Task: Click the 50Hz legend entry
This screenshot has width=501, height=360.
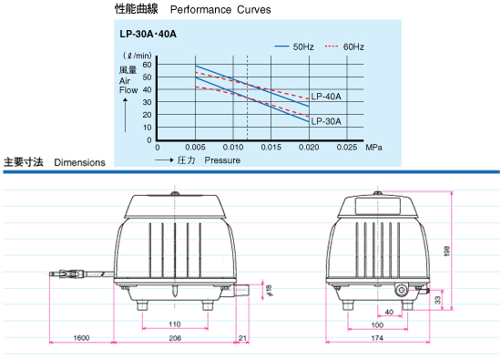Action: pos(294,47)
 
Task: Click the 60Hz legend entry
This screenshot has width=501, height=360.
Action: pos(344,47)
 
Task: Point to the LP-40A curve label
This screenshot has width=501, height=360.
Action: pos(326,97)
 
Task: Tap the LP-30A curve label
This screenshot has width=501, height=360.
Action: pos(326,121)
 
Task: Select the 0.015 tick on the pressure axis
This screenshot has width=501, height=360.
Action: pos(271,148)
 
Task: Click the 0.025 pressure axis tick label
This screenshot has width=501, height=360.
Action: pos(347,148)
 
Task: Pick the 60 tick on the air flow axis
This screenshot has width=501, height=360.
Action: pos(147,65)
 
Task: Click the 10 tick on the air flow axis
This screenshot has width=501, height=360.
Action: pos(147,128)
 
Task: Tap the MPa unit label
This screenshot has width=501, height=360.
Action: pos(373,148)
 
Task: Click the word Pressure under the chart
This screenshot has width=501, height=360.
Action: pos(222,160)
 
